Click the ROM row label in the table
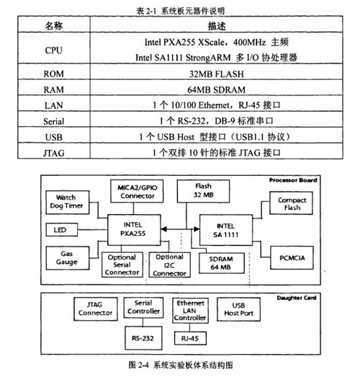(x=53, y=74)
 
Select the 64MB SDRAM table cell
(x=217, y=89)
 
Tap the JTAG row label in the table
(x=53, y=153)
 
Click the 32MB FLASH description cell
(x=217, y=74)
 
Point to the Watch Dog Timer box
(x=68, y=203)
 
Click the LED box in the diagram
(x=62, y=230)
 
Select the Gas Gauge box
(x=68, y=258)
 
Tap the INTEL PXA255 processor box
(x=134, y=230)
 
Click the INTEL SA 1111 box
(x=226, y=230)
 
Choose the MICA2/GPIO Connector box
(x=137, y=191)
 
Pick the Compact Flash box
(x=291, y=203)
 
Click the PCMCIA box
(x=292, y=257)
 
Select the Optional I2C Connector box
(x=169, y=265)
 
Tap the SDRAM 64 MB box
(x=222, y=263)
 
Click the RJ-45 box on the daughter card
(x=190, y=338)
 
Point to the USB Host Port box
(x=238, y=309)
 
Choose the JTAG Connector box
(x=96, y=309)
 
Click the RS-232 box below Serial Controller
(x=143, y=338)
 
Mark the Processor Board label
(x=293, y=180)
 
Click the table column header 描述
(x=217, y=26)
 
